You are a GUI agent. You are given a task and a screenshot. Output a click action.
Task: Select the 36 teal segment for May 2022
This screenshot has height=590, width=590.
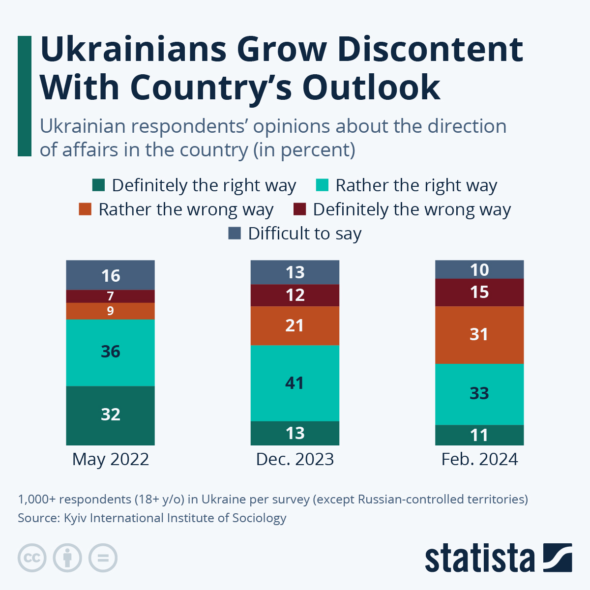click(x=110, y=352)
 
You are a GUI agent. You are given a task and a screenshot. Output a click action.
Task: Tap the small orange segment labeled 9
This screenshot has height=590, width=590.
click(x=110, y=311)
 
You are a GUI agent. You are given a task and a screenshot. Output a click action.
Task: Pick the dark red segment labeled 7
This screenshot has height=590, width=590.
click(x=110, y=296)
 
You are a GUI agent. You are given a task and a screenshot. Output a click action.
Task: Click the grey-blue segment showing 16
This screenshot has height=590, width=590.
click(x=110, y=275)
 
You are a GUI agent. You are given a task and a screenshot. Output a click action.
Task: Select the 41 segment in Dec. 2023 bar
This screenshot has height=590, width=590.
click(x=295, y=383)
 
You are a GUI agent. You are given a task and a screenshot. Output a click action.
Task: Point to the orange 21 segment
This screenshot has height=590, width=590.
click(x=295, y=325)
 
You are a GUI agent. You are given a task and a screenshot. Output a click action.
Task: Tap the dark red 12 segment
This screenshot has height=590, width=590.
click(x=295, y=295)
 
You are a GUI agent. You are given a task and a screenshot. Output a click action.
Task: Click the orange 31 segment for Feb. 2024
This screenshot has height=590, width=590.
click(x=479, y=335)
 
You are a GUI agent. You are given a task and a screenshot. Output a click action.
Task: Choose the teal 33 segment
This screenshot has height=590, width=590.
click(x=479, y=394)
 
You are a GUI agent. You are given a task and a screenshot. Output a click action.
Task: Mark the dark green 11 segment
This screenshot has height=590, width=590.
click(x=479, y=435)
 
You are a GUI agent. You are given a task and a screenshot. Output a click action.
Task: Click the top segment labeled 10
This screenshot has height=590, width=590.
click(x=479, y=269)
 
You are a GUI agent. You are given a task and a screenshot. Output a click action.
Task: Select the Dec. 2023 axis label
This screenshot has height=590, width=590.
click(x=295, y=459)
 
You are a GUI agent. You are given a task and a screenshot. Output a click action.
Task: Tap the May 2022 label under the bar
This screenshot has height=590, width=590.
click(x=110, y=459)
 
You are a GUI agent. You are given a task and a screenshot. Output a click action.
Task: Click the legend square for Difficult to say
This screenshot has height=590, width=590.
click(x=235, y=234)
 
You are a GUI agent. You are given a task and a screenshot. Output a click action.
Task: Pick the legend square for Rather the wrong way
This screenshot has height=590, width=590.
click(x=85, y=209)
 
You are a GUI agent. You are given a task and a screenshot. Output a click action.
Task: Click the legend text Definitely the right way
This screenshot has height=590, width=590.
click(x=204, y=185)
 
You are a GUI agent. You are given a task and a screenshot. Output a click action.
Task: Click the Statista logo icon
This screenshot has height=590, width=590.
click(x=558, y=558)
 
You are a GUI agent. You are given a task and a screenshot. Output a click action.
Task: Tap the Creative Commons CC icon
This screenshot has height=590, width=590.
click(x=32, y=558)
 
